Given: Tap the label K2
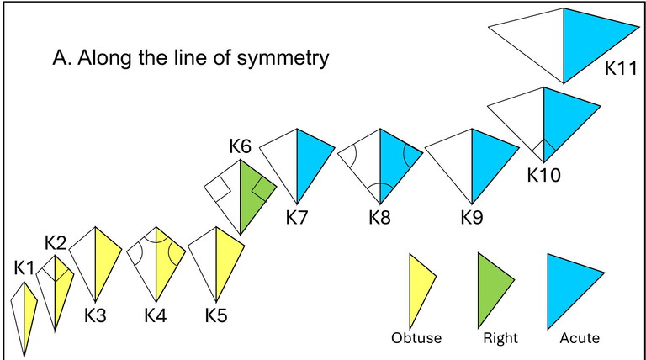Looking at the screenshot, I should [56, 243].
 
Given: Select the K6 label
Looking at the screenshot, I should [241, 147].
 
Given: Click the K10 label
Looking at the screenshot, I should [543, 175].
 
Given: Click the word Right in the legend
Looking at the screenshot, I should [500, 339].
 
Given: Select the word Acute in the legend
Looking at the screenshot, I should [580, 339].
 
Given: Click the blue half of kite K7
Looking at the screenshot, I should [312, 164].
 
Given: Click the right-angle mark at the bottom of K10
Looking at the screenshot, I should [543, 151].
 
